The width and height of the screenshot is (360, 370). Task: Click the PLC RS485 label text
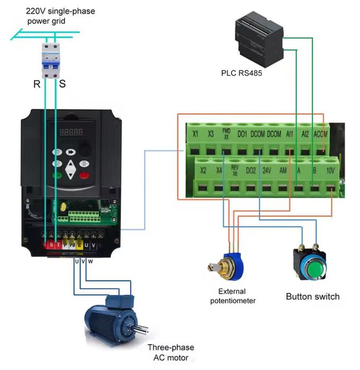[x=242, y=73]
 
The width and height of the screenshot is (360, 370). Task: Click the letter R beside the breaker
[x=36, y=84]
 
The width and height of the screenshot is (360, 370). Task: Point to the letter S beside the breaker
[x=62, y=84]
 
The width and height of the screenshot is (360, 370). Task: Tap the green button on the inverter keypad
[x=57, y=175]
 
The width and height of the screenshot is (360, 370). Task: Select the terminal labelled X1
[x=195, y=134]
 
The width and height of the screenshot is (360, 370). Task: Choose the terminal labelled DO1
[x=242, y=134]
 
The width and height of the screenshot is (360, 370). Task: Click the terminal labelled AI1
[x=289, y=134]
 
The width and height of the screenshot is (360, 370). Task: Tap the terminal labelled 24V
[x=267, y=170]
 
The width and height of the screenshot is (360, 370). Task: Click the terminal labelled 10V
[x=330, y=170]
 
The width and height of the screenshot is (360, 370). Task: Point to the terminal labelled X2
[x=204, y=170]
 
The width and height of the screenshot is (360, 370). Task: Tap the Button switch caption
[x=312, y=296]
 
